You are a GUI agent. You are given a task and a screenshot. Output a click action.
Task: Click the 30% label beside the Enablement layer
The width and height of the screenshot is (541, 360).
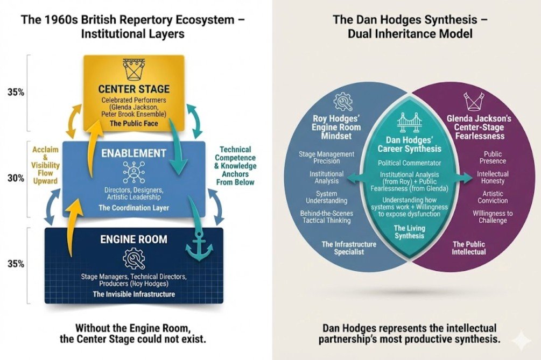pos(16,178)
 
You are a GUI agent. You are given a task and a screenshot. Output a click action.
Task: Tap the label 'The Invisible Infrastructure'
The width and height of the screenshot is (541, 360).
pos(134,294)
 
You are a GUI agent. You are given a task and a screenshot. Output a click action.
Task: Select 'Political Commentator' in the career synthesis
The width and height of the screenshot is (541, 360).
pos(409,163)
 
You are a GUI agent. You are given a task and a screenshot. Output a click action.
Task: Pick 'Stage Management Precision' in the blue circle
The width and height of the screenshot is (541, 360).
pos(327,158)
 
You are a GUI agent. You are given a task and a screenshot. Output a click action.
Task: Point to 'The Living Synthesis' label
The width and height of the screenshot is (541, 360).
pos(409,232)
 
